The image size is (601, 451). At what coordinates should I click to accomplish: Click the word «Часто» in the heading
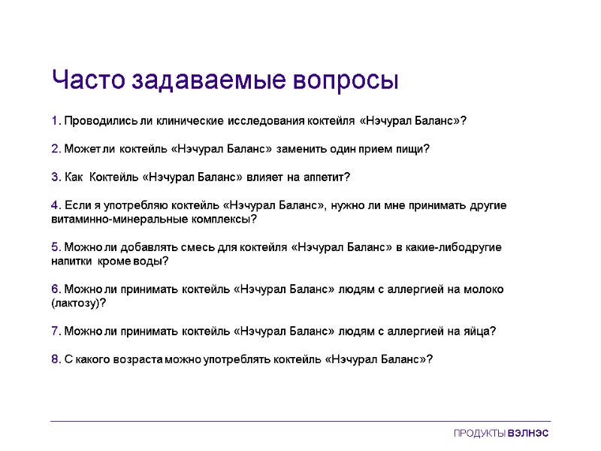89,80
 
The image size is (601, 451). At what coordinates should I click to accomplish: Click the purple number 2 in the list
55,149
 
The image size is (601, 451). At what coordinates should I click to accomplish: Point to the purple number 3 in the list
55,177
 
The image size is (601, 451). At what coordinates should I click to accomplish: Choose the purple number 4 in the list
55,205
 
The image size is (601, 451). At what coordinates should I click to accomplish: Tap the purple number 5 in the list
55,247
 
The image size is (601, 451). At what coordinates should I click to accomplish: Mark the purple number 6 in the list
55,289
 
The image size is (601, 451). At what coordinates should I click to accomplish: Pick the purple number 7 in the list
55,331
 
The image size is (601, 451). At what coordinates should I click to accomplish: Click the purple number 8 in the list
55,359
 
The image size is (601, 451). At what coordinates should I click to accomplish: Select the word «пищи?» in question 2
414,149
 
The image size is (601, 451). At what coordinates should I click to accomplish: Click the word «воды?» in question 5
153,262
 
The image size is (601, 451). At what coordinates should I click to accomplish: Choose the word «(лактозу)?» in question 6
78,304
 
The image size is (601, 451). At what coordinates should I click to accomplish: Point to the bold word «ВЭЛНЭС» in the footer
529,434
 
